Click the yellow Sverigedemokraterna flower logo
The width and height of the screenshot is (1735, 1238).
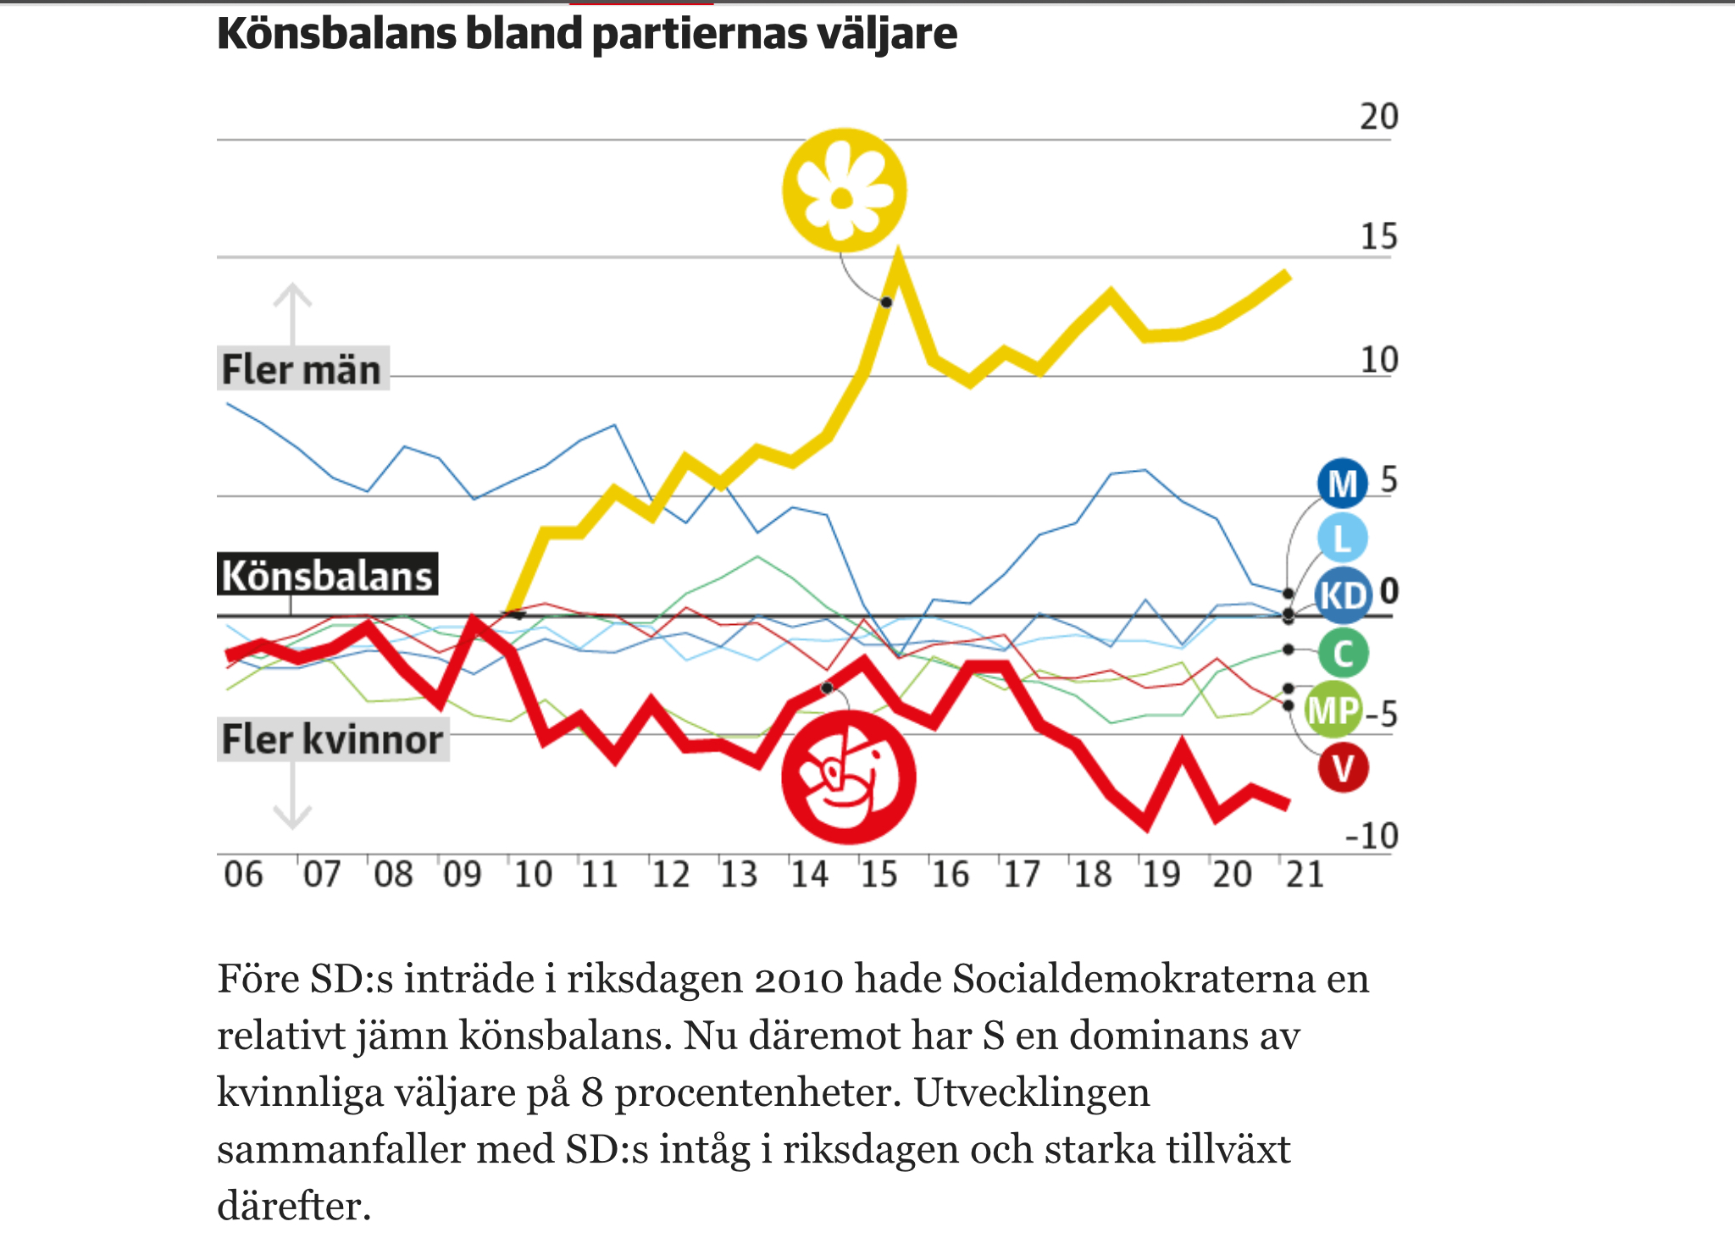[x=844, y=191]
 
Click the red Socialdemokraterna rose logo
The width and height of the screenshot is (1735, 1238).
[x=848, y=777]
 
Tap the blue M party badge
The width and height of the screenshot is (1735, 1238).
[x=1342, y=484]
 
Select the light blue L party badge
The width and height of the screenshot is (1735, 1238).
[x=1342, y=539]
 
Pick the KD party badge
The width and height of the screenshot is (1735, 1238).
[x=1343, y=594]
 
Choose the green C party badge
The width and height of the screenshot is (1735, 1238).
[x=1343, y=654]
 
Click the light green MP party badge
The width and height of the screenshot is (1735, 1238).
[x=1333, y=710]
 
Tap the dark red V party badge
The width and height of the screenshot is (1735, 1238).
[x=1343, y=768]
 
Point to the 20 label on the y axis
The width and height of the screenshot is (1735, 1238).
[x=1378, y=117]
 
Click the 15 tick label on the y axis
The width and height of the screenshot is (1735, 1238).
[x=1378, y=236]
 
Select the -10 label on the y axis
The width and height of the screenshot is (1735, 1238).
[x=1372, y=836]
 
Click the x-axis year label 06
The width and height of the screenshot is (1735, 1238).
[x=243, y=874]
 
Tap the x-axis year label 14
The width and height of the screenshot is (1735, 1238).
[x=809, y=874]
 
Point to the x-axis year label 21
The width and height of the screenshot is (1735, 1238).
[x=1305, y=874]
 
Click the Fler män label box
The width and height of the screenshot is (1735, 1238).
[x=302, y=369]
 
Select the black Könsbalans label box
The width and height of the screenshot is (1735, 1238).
[x=327, y=576]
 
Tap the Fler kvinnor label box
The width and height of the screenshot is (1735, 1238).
[x=332, y=739]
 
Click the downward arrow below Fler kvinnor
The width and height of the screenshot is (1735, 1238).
[x=292, y=796]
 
